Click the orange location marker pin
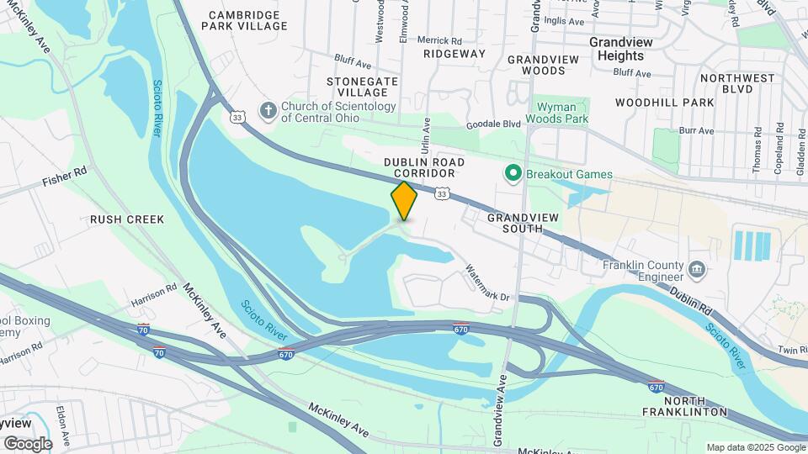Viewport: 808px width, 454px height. click(x=404, y=200)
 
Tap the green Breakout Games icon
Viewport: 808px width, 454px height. click(x=512, y=174)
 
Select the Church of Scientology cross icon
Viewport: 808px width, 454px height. click(x=268, y=111)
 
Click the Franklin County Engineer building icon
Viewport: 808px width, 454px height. click(x=696, y=269)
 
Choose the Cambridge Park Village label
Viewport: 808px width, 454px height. click(x=244, y=20)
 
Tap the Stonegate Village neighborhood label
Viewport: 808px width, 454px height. click(x=363, y=87)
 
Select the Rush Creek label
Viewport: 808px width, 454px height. click(x=127, y=219)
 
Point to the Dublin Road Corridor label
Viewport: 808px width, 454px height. click(x=419, y=166)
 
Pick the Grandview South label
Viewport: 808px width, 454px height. click(x=523, y=223)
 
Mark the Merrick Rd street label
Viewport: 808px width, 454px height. click(x=440, y=40)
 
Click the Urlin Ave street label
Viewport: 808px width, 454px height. click(x=427, y=133)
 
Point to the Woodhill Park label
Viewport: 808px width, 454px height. click(x=664, y=103)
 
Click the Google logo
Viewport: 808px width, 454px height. click(x=27, y=443)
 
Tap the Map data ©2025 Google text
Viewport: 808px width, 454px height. click(x=756, y=447)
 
